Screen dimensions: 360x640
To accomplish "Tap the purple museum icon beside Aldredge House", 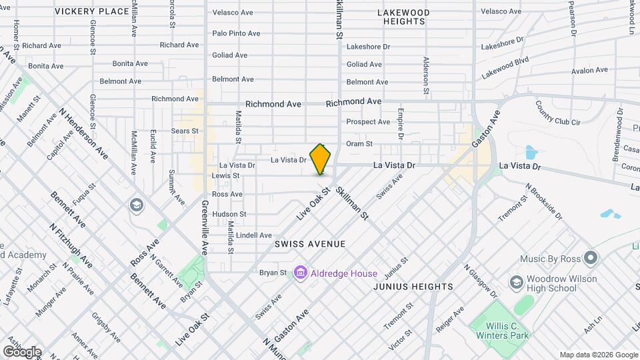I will pyautogui.click(x=300, y=273).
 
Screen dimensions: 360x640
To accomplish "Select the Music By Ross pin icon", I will pyautogui.click(x=590, y=257).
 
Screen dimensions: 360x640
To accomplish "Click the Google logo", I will pyautogui.click(x=21, y=351).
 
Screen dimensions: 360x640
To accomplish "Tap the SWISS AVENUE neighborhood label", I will pyautogui.click(x=310, y=245).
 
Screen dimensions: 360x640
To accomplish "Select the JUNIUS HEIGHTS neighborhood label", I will pyautogui.click(x=413, y=287).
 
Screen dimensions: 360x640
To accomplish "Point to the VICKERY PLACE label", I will pyautogui.click(x=92, y=11).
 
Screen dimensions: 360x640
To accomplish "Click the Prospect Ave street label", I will pyautogui.click(x=368, y=122).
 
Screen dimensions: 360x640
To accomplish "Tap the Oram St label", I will pyautogui.click(x=359, y=143).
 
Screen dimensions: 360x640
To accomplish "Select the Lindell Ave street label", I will pyautogui.click(x=254, y=235).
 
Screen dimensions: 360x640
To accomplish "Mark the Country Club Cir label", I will pyautogui.click(x=558, y=113).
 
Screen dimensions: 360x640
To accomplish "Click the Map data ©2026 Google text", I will pyautogui.click(x=598, y=355).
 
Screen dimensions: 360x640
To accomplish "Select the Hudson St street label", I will pyautogui.click(x=229, y=214).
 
